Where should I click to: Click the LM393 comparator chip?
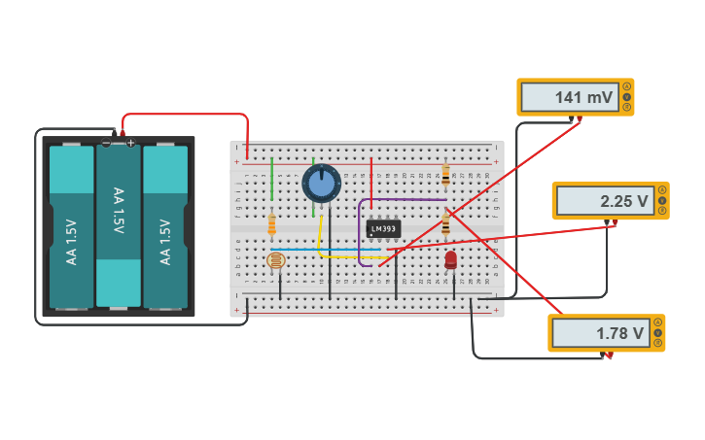click(x=383, y=229)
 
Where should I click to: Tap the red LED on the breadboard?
click(x=450, y=259)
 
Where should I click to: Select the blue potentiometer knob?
click(x=321, y=183)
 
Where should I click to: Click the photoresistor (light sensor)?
click(x=276, y=261)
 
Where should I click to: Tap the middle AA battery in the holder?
click(x=119, y=222)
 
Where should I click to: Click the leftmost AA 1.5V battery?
click(x=71, y=228)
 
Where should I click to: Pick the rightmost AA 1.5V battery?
click(x=165, y=228)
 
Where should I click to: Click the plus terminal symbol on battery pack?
click(x=130, y=143)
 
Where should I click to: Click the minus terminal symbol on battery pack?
click(x=106, y=143)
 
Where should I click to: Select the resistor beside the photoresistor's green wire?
click(x=271, y=225)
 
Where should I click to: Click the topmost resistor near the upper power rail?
click(x=445, y=175)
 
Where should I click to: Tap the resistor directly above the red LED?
click(x=445, y=225)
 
